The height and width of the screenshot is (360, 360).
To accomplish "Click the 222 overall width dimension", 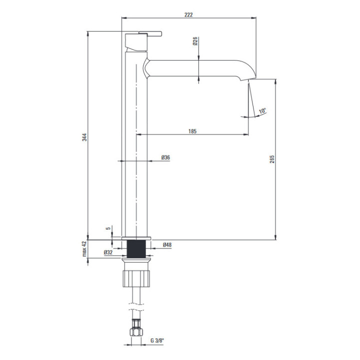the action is click(x=188, y=15).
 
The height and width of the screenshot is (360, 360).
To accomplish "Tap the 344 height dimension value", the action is click(x=84, y=137).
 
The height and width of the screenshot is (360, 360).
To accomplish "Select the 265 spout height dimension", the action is click(x=272, y=159).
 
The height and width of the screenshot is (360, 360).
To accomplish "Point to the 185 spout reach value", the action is click(x=192, y=131).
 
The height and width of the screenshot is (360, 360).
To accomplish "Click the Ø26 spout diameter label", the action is click(x=195, y=41).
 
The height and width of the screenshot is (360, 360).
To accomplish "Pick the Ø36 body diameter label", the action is click(x=165, y=157).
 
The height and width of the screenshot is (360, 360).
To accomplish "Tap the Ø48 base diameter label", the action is click(x=167, y=244).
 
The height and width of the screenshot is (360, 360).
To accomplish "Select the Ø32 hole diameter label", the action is click(x=108, y=252).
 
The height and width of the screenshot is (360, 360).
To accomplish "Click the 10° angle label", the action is click(x=262, y=110).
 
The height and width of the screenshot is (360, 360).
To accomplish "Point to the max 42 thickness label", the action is click(x=84, y=249).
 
